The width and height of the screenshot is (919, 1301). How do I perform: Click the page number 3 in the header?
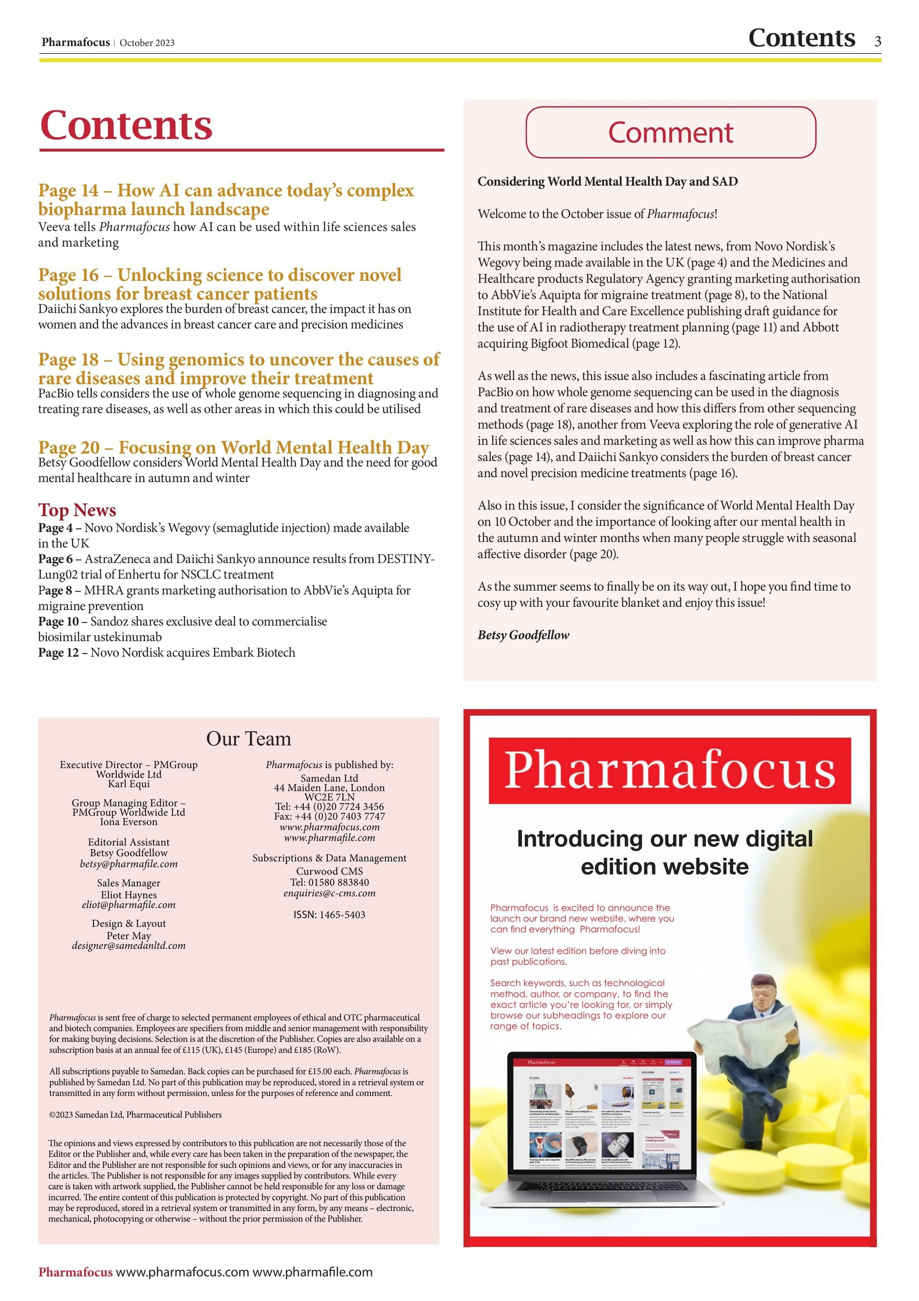tap(878, 41)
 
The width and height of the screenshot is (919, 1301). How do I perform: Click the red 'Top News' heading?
tap(77, 509)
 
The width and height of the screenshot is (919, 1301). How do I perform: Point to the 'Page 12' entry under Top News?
tap(167, 652)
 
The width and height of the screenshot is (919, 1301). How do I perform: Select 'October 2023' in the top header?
tap(147, 43)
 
